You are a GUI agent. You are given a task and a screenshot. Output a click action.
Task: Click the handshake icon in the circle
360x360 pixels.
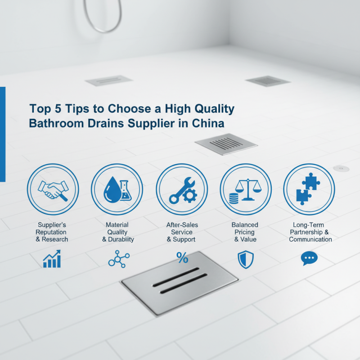coord(53,189)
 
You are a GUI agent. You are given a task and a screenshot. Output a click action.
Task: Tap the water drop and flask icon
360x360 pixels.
coord(117,189)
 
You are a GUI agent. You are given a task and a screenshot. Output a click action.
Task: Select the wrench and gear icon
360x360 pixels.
coord(181,189)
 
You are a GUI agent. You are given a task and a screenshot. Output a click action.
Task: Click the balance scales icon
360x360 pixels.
coord(245,189)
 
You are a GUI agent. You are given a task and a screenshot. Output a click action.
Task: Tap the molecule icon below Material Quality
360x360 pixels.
coord(118,260)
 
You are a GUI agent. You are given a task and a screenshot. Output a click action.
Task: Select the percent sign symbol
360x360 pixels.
coord(182,258)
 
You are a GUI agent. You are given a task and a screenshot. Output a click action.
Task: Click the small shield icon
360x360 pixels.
coord(245,260)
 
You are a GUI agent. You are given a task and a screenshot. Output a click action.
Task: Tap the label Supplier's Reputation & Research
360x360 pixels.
coord(52,232)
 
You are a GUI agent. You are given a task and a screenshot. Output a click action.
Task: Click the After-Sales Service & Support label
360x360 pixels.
coord(181,232)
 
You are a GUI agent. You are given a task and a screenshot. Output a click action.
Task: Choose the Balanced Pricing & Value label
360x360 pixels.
coord(245,232)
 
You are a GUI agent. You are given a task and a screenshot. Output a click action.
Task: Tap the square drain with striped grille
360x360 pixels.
coord(226,144)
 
